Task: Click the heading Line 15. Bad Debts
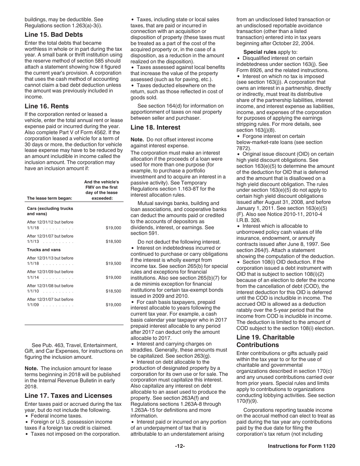54,35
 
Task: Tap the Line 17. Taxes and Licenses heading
68,396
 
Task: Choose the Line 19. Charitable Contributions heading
265,341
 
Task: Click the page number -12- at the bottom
180,446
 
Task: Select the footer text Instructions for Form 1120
301,446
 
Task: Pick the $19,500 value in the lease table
113,264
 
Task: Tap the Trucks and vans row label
44,250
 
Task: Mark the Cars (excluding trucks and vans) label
50,211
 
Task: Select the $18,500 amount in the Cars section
113,241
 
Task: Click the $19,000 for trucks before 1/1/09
113,305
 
